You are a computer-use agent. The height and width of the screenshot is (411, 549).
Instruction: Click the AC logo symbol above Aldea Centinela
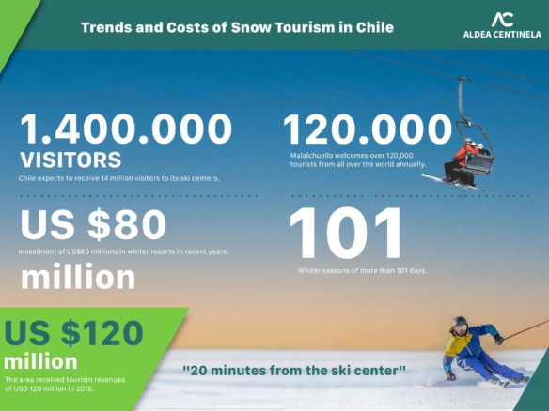(x=502, y=20)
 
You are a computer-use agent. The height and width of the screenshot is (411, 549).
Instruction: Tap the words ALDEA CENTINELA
(x=502, y=34)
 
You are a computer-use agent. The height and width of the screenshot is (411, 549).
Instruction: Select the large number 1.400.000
(x=126, y=129)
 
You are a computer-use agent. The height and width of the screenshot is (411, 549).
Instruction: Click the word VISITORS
(x=71, y=160)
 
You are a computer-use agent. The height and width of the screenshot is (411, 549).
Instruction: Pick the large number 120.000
(x=368, y=129)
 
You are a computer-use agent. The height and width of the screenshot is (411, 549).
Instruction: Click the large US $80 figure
(x=93, y=223)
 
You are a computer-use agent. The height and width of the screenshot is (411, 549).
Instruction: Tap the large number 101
(x=345, y=232)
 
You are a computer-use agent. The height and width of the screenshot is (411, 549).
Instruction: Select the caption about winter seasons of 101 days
(x=362, y=271)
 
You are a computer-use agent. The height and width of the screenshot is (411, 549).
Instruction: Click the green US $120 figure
(x=74, y=332)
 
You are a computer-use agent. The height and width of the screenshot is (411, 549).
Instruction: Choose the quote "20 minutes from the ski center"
(x=294, y=370)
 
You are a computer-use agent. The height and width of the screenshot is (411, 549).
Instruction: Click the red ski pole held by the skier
(x=525, y=330)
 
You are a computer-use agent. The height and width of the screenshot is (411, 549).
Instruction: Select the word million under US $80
(x=78, y=277)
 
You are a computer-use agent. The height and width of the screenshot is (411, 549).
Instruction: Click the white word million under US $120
(x=40, y=361)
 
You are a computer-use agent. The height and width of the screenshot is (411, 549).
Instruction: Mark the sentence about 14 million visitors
(x=119, y=178)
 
